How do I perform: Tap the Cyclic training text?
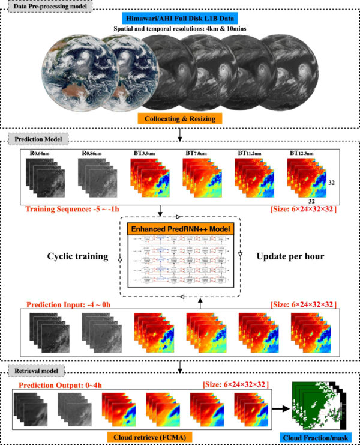coord(73,256)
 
